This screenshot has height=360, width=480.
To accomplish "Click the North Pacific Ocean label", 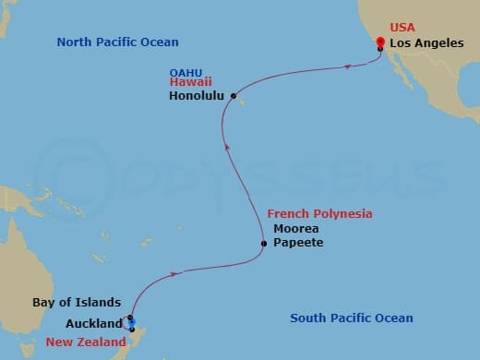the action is [117, 42].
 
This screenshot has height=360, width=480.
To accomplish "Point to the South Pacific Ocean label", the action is [351, 318].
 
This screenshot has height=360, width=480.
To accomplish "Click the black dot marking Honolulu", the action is [234, 95].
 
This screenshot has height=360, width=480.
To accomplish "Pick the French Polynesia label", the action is [319, 213].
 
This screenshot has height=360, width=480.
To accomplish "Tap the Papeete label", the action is [296, 243].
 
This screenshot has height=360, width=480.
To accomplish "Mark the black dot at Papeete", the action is [264, 244].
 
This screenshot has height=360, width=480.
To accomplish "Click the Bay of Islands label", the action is [76, 303].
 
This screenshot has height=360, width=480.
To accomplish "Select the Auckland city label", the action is [93, 323].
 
